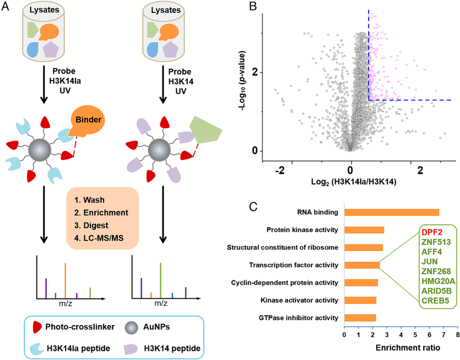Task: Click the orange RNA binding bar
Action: pos(391,212)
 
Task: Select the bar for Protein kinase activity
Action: pos(364,230)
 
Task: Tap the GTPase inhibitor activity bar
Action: pos(360,317)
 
